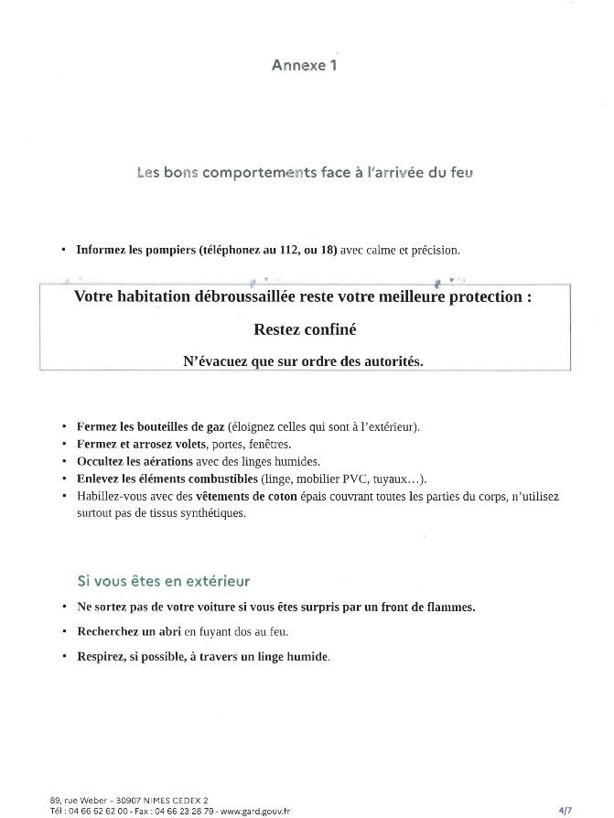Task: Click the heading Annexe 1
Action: pos(304,65)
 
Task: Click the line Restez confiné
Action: pos(305,329)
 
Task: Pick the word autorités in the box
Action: pos(392,361)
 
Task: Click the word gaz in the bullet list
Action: pos(215,426)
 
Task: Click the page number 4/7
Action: pos(566,810)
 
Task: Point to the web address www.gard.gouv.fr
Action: pos(255,810)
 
